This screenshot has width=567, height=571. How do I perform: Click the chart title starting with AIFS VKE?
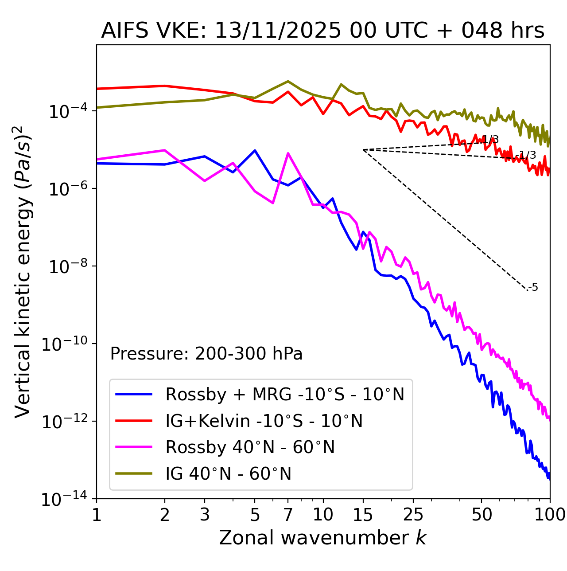pyautogui.click(x=323, y=31)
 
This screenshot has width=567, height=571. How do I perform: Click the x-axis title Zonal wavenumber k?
pyautogui.click(x=323, y=538)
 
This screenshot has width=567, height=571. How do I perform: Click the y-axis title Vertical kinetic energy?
pyautogui.click(x=23, y=271)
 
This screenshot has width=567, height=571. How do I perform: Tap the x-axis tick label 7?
pyautogui.click(x=288, y=515)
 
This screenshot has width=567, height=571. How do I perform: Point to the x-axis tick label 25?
pyautogui.click(x=413, y=515)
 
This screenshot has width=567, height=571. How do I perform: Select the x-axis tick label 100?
pyautogui.click(x=549, y=515)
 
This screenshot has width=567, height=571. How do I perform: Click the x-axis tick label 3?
pyautogui.click(x=205, y=515)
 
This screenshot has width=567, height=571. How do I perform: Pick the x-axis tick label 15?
pyautogui.click(x=363, y=515)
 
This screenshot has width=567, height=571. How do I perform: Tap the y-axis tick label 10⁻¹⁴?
pyautogui.click(x=64, y=500)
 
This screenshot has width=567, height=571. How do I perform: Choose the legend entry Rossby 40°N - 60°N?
pyautogui.click(x=250, y=447)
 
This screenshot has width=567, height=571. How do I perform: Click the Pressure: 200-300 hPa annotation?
pyautogui.click(x=206, y=354)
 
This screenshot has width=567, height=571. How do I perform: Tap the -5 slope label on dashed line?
pyautogui.click(x=533, y=287)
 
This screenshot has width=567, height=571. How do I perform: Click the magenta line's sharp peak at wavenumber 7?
pyautogui.click(x=288, y=153)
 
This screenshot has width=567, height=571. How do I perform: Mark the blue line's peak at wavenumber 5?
pyautogui.click(x=255, y=150)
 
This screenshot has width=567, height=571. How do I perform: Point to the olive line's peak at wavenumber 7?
pyautogui.click(x=288, y=81)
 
